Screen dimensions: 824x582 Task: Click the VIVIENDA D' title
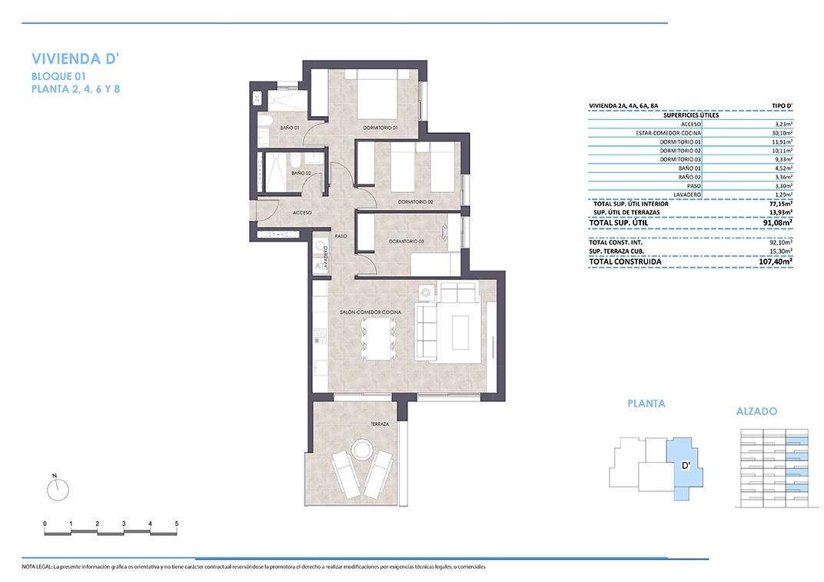coord(75,58)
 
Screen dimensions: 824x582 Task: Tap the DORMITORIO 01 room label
coord(380,128)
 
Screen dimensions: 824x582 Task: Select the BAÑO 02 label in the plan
coord(301,173)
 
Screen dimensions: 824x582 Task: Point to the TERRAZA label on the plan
coord(380,424)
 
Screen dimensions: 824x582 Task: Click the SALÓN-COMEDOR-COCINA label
coord(370,312)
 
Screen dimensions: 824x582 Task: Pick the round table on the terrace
coord(361,450)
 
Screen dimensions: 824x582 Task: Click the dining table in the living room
coord(378,339)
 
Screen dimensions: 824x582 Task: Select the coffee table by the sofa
coord(460,331)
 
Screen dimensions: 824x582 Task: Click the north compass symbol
coord(58,489)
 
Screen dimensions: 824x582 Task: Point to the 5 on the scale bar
coord(177,524)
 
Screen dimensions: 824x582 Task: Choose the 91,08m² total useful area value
coord(778,222)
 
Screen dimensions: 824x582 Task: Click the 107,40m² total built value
coord(775,261)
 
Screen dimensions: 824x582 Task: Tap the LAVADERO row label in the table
coord(687,195)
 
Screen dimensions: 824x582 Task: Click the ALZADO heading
coord(756,411)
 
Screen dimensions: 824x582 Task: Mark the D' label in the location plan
coord(686,465)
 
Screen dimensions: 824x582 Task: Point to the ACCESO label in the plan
coord(302,212)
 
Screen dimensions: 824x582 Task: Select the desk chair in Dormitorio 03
coord(444,232)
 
